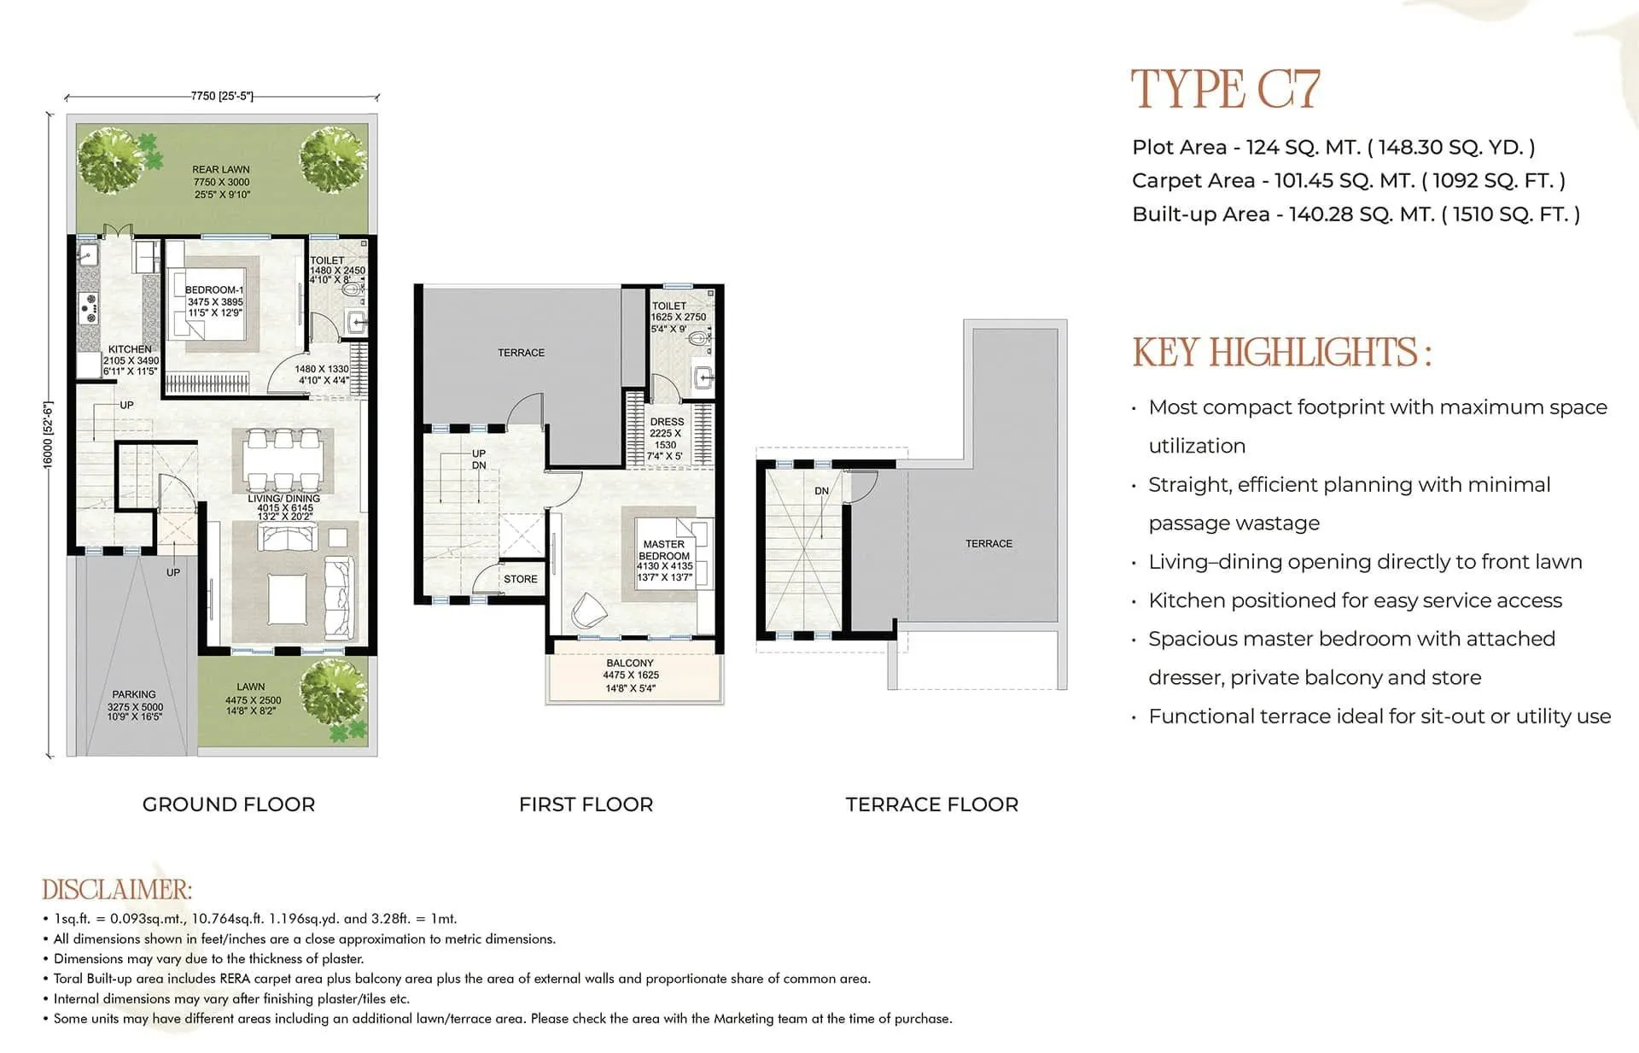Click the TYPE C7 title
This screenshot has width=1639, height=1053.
tap(1225, 90)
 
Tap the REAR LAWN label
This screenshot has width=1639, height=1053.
tap(221, 170)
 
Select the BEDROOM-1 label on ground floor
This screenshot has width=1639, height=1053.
tap(214, 290)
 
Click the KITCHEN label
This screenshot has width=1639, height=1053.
tap(130, 349)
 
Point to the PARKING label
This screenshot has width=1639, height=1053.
tap(134, 694)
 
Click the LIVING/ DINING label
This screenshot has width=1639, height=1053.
tap(284, 498)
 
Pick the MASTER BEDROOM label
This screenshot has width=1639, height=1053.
tap(664, 550)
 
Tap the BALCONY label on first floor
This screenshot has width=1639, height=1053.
tap(630, 663)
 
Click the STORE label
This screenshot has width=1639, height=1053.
tap(521, 579)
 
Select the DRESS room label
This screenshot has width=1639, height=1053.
tap(667, 422)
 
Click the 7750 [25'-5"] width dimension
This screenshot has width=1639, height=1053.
tap(222, 97)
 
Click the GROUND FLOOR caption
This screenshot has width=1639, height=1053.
tap(229, 804)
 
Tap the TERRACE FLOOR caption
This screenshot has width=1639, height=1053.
tap(931, 804)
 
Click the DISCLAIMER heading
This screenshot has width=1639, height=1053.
tap(117, 890)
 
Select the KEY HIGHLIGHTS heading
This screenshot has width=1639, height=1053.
tap(1280, 353)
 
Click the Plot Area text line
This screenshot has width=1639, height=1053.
tap(1333, 147)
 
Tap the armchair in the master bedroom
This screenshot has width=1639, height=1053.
tap(588, 610)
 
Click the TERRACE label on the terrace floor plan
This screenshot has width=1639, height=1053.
tap(989, 543)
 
